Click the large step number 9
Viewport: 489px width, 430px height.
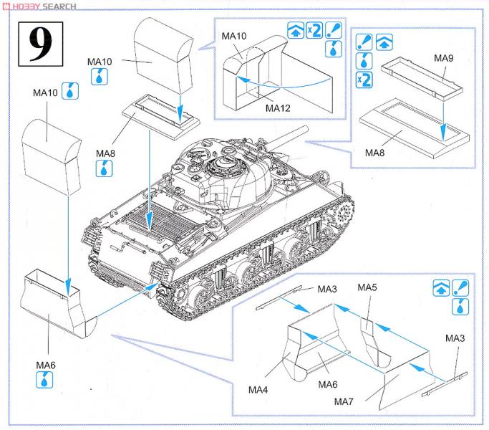pos(37,44)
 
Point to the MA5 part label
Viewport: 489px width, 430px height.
pos(367,287)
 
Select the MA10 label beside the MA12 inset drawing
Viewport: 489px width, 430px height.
pos(234,36)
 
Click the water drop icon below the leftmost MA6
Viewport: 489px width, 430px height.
pos(46,381)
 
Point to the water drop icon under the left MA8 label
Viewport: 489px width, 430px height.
pos(103,168)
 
